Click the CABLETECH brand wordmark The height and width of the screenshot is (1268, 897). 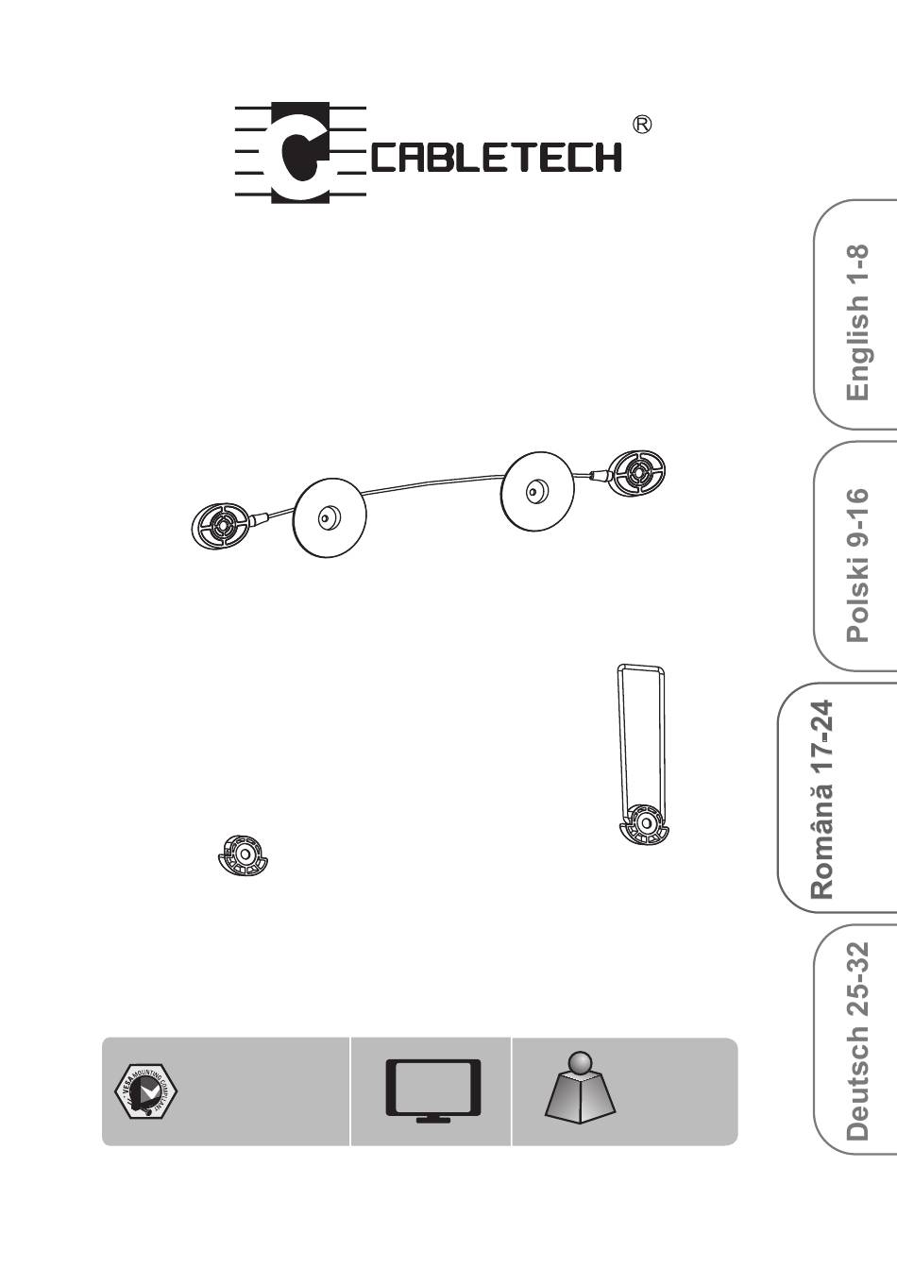tap(496, 157)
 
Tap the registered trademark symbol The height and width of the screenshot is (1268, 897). tap(641, 125)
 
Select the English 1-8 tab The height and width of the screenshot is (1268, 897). tap(856, 321)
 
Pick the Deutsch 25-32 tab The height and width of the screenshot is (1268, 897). tap(856, 1040)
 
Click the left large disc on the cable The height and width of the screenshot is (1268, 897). tap(329, 516)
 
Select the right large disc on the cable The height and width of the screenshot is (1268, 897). tap(536, 490)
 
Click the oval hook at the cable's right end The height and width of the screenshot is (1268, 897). tap(636, 471)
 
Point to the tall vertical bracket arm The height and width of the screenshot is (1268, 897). tap(640, 736)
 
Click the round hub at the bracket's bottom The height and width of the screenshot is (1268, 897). tap(644, 823)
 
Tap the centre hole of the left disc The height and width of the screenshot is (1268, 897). tap(327, 516)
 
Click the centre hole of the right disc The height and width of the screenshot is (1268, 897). tap(533, 491)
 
